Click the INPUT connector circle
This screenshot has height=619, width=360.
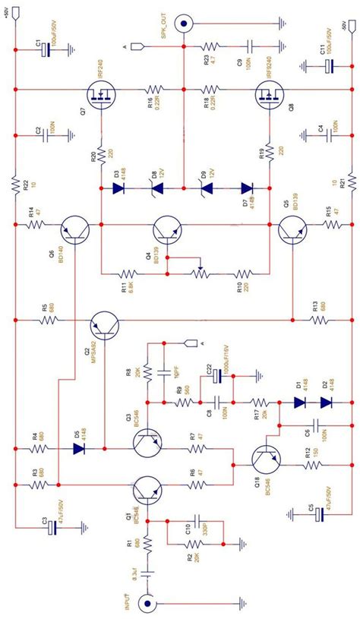tap(148, 605)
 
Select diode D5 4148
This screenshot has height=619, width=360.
tap(78, 448)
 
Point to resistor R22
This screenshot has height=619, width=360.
tap(14, 183)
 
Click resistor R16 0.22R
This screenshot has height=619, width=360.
tap(156, 90)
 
